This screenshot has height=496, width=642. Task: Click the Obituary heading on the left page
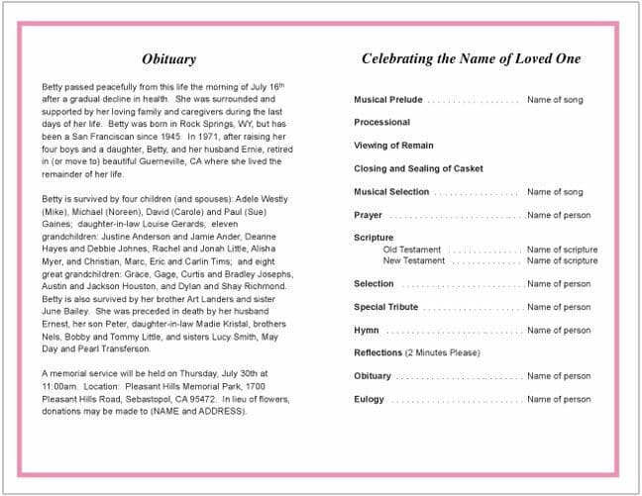tap(168, 59)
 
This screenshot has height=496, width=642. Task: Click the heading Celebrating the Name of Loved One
tap(471, 59)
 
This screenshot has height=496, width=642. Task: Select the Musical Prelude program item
tap(387, 100)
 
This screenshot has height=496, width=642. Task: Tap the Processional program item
tap(381, 123)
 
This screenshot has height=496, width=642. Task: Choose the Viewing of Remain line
tap(393, 146)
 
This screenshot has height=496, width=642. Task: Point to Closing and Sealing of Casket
tap(419, 169)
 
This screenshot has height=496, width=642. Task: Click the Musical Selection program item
tap(391, 192)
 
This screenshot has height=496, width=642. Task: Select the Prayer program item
tap(368, 215)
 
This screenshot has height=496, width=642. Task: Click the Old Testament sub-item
tap(412, 249)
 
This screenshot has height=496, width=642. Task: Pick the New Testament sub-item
tap(414, 260)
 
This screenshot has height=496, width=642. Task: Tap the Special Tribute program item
tap(385, 307)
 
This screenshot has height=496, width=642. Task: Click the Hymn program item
tap(367, 331)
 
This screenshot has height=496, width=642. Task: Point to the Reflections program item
tap(377, 353)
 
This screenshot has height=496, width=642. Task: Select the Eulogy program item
tap(370, 400)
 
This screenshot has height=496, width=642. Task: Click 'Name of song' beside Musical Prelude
tap(555, 100)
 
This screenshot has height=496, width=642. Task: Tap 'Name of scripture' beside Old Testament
tap(562, 249)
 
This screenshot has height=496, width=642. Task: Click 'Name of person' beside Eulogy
tap(559, 400)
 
